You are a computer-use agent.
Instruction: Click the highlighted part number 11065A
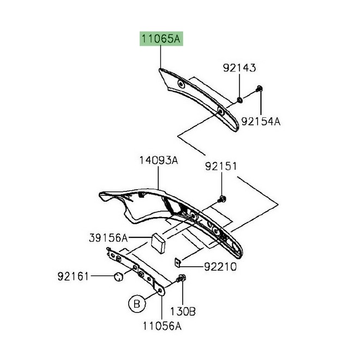(161, 39)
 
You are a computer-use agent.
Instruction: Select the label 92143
(239, 68)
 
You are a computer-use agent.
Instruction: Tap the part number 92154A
(261, 121)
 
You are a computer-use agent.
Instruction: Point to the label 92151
(221, 166)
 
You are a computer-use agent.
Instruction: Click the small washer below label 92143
(239, 100)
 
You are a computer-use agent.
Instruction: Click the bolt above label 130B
(182, 280)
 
